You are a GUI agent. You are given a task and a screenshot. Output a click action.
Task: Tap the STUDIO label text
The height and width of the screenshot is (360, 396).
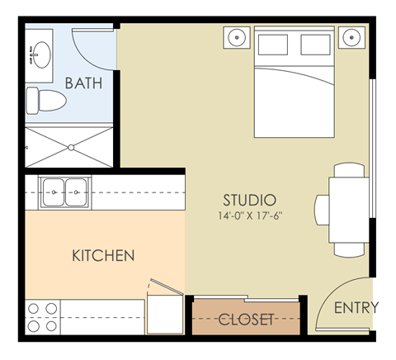pyautogui.click(x=249, y=200)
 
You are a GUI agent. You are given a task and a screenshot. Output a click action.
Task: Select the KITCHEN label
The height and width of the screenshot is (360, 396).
pyautogui.click(x=102, y=256)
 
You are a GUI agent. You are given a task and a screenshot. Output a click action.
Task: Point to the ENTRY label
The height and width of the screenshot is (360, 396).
pyautogui.click(x=356, y=307)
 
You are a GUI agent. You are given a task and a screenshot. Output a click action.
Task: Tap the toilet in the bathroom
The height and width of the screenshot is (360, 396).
pyautogui.click(x=45, y=101)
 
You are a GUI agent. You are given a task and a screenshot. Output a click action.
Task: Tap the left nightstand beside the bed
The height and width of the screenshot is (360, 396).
pyautogui.click(x=238, y=37)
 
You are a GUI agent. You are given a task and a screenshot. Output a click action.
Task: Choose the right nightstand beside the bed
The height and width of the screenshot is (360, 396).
pyautogui.click(x=351, y=37)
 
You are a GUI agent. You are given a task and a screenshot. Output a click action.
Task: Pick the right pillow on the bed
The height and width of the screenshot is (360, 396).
pyautogui.click(x=318, y=45)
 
